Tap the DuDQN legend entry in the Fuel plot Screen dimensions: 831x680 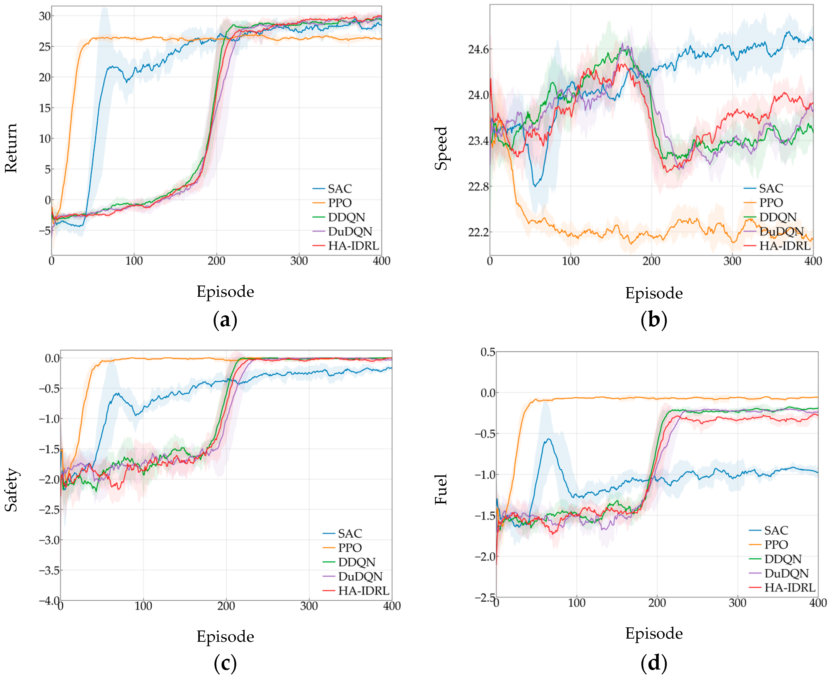(x=779, y=573)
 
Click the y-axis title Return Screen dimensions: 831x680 (x=11, y=148)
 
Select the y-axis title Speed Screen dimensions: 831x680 (x=441, y=148)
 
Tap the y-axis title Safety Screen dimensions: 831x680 (x=11, y=490)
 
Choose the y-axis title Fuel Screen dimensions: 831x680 (x=441, y=490)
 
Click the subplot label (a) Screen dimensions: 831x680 (x=225, y=320)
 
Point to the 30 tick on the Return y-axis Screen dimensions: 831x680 (x=45, y=16)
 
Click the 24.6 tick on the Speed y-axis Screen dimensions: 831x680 (x=478, y=49)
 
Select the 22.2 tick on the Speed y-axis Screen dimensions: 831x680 (x=478, y=232)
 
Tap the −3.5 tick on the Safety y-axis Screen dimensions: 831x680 (x=49, y=570)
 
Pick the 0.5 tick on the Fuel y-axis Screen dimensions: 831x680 (x=488, y=352)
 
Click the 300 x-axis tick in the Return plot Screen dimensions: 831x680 (x=299, y=261)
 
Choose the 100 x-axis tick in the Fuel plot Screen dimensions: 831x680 (x=576, y=603)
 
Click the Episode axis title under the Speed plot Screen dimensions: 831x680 (x=654, y=293)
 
